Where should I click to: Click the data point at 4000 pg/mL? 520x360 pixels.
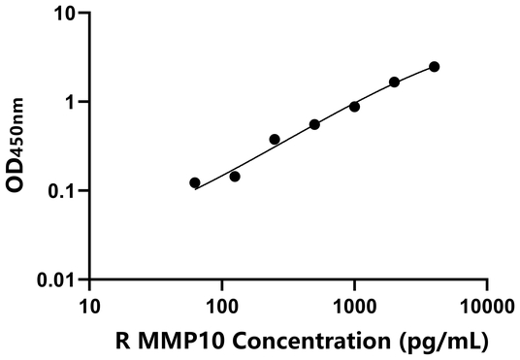pyautogui.click(x=434, y=66)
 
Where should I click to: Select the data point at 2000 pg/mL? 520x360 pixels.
pyautogui.click(x=394, y=82)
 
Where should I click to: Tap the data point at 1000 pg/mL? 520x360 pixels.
pyautogui.click(x=354, y=107)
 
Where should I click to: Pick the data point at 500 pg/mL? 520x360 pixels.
pyautogui.click(x=314, y=124)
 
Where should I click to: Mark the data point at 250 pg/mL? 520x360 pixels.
pyautogui.click(x=275, y=140)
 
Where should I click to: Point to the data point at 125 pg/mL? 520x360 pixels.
pyautogui.click(x=235, y=177)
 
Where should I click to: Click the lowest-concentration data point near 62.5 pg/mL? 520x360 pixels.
pyautogui.click(x=195, y=182)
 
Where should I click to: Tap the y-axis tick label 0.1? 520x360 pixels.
pyautogui.click(x=62, y=191)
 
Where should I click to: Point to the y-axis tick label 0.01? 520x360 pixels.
pyautogui.click(x=57, y=279)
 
